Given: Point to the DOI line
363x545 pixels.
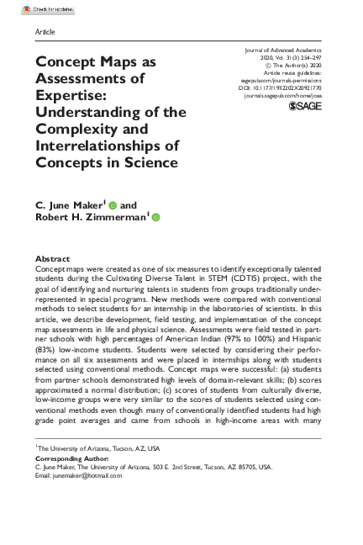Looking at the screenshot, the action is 286,87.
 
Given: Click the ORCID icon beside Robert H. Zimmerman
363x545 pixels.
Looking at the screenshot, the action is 155,219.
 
